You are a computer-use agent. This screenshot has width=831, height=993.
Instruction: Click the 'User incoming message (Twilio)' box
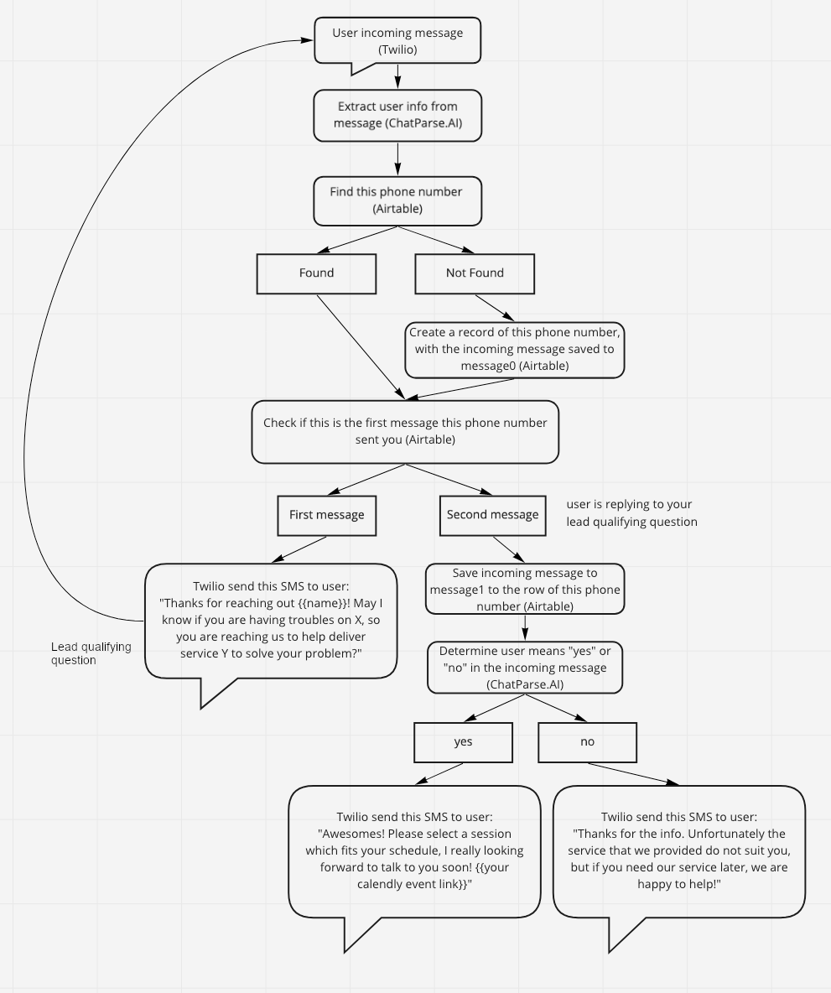pyautogui.click(x=397, y=41)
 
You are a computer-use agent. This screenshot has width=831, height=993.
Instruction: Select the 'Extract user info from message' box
pyautogui.click(x=397, y=115)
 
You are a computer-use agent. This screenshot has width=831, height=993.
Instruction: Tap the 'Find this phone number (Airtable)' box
pyautogui.click(x=397, y=200)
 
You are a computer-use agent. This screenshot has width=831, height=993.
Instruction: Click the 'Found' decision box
pyautogui.click(x=317, y=273)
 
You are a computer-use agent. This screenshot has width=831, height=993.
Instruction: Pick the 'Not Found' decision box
pyautogui.click(x=475, y=273)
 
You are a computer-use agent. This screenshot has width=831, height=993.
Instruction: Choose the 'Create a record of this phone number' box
pyautogui.click(x=515, y=350)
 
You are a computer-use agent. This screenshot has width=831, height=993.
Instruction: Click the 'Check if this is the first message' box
pyautogui.click(x=405, y=432)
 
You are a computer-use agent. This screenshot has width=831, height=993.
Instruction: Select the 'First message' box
pyautogui.click(x=327, y=516)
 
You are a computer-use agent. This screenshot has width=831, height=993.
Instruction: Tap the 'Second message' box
pyautogui.click(x=493, y=516)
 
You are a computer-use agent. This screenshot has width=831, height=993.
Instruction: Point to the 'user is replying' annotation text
pyautogui.click(x=631, y=513)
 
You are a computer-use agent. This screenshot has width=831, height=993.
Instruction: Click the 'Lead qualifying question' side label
pyautogui.click(x=91, y=653)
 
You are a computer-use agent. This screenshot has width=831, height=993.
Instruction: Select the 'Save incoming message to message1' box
pyautogui.click(x=525, y=589)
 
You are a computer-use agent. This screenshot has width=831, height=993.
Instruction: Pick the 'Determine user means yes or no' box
pyautogui.click(x=525, y=668)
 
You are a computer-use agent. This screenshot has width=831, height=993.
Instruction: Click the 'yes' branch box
pyautogui.click(x=463, y=742)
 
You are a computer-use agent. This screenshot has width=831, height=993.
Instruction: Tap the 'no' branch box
pyautogui.click(x=588, y=742)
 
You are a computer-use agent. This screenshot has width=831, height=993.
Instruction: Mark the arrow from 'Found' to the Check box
pyautogui.click(x=361, y=347)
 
